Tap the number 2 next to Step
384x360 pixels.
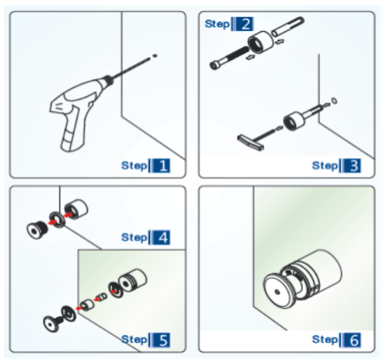tap(243, 24)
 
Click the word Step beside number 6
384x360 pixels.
tap(325, 339)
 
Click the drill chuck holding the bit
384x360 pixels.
tap(109, 83)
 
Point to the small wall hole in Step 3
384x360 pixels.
tap(333, 101)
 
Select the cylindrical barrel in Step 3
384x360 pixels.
tap(295, 120)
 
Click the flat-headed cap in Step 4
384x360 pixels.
tap(37, 229)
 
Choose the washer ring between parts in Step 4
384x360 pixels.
tap(57, 218)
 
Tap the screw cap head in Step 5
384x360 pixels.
tap(53, 322)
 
